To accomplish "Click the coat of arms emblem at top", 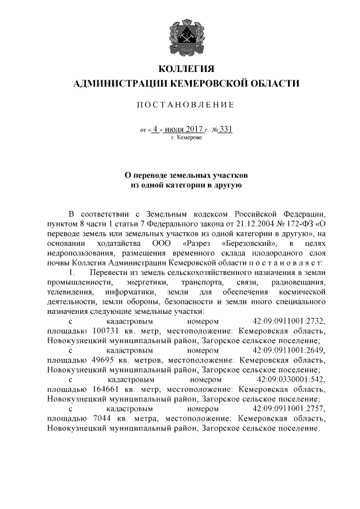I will [x=186, y=34].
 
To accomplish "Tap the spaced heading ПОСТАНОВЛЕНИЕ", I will [x=186, y=105].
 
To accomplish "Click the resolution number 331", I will [x=226, y=128].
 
